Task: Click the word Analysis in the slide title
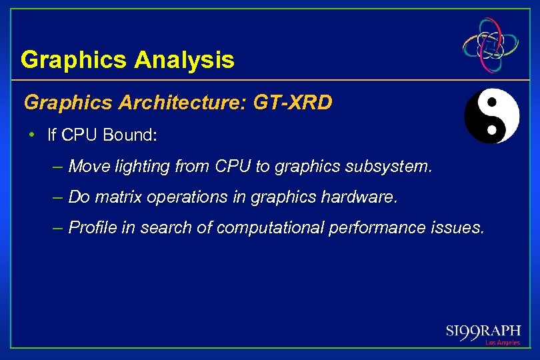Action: tap(184, 61)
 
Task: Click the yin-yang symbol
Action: tap(491, 116)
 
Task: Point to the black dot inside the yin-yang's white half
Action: tap(493, 103)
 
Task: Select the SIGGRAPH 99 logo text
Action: tap(483, 331)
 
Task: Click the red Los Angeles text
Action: tap(502, 343)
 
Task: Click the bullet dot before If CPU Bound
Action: tap(31, 135)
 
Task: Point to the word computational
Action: tap(270, 228)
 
